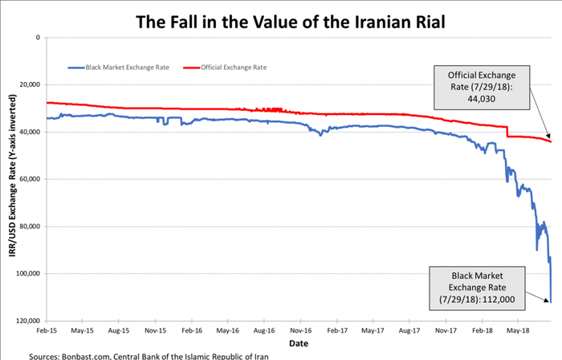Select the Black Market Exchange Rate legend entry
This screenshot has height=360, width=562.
pyautogui.click(x=121, y=67)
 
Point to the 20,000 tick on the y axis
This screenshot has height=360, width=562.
pyautogui.click(x=31, y=84)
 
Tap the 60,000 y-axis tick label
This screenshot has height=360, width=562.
pyautogui.click(x=31, y=179)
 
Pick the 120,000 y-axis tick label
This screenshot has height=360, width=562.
pyautogui.click(x=29, y=321)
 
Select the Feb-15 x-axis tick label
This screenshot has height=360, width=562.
pyautogui.click(x=47, y=329)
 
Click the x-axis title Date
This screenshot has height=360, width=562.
pyautogui.click(x=298, y=342)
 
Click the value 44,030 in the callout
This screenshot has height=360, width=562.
pyautogui.click(x=482, y=99)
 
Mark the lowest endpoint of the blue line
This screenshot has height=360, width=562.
pyautogui.click(x=550, y=302)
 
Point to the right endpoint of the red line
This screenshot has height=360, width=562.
pyautogui.click(x=551, y=141)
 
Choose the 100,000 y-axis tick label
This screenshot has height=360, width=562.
pyautogui.click(x=29, y=274)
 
